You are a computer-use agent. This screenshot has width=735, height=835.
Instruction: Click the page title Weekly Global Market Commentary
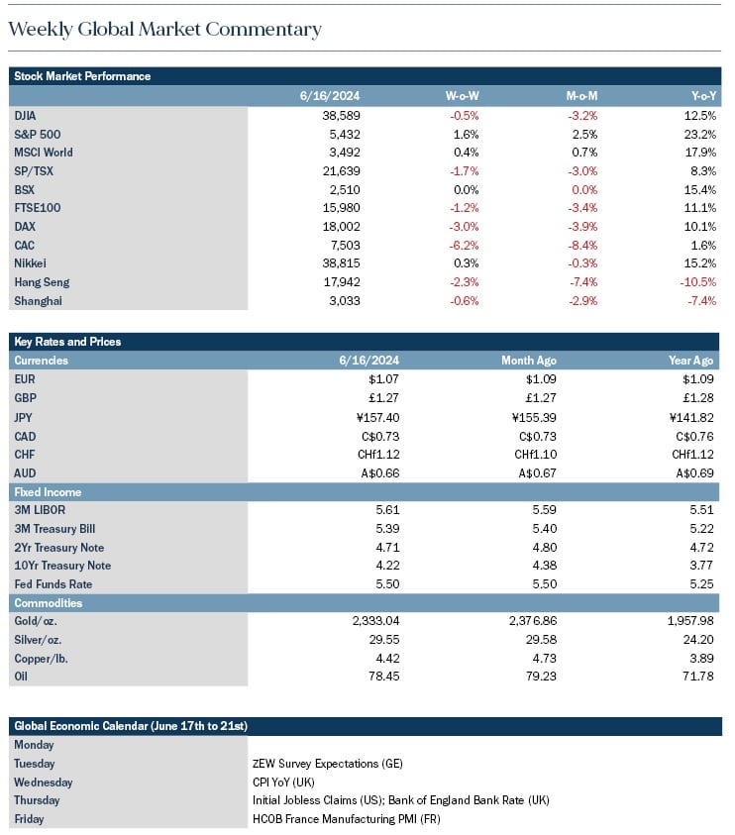point(165,30)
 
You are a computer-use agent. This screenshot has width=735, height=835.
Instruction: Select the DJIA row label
point(25,116)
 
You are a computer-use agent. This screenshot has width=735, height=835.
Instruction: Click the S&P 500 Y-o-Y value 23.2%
point(700,134)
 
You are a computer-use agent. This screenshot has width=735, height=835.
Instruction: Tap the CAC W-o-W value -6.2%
point(464,246)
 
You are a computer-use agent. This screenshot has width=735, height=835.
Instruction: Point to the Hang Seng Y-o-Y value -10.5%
point(697,282)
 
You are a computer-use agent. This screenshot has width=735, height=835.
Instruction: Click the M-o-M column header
point(581,96)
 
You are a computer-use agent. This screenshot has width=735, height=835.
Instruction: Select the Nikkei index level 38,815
point(341,263)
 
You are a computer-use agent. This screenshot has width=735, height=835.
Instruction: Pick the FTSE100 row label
point(38,208)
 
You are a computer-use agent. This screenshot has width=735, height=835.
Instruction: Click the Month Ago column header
point(529,361)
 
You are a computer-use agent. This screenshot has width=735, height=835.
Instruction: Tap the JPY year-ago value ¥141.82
point(691,418)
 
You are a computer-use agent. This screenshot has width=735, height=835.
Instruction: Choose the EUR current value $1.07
point(383,379)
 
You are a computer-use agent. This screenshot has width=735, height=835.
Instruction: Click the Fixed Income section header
point(48,492)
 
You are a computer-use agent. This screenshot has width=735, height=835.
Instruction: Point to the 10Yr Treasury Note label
point(62,566)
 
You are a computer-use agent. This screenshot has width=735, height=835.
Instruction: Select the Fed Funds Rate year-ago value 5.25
point(701,584)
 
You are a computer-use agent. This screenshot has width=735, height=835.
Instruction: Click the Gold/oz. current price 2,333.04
point(375,621)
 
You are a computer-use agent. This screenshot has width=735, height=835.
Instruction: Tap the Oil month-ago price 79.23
point(541,677)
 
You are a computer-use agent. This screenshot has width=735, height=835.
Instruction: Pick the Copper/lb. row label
point(41,659)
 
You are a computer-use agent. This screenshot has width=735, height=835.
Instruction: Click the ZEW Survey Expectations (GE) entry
point(328,764)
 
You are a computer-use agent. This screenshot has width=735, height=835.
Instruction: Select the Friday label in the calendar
point(30,819)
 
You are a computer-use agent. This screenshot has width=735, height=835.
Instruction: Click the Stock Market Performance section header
point(82,76)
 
